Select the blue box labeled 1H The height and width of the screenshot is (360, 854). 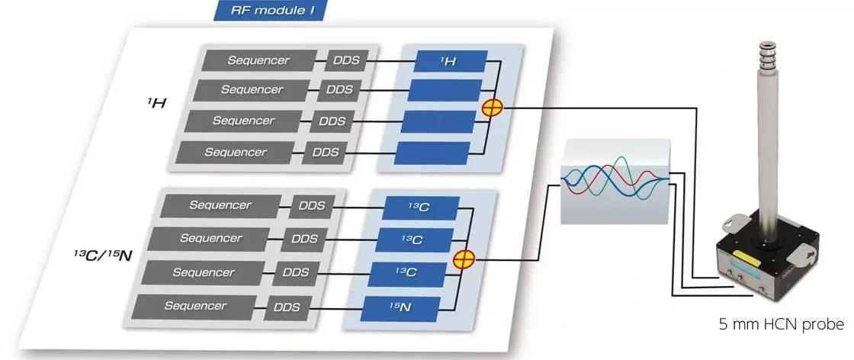[448, 61]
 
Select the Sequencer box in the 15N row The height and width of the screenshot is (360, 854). [194, 307]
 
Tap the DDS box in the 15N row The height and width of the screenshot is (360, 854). [287, 308]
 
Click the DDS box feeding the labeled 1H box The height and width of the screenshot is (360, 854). [347, 60]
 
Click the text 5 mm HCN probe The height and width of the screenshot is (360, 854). [781, 325]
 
